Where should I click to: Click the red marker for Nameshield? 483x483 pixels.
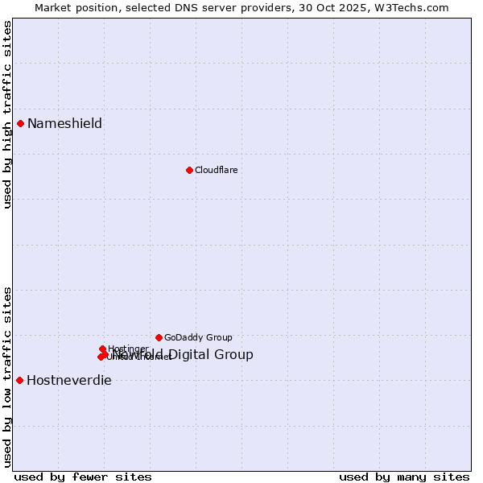20,123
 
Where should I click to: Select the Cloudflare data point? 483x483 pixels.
189,170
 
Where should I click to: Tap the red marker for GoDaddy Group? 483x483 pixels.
159,337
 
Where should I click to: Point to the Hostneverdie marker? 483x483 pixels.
19,380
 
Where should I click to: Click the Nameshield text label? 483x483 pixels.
64,123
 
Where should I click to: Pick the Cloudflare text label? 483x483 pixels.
216,170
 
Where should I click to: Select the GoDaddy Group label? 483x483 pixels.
198,337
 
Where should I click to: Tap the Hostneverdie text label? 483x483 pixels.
69,380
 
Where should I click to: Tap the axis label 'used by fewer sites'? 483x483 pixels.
83,477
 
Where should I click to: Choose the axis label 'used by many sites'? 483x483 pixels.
404,477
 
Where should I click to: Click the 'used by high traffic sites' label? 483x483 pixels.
7,114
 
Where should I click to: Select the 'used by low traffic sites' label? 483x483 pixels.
7,377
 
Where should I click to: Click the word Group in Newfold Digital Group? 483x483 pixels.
233,354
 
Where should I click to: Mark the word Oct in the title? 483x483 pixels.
330,7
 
